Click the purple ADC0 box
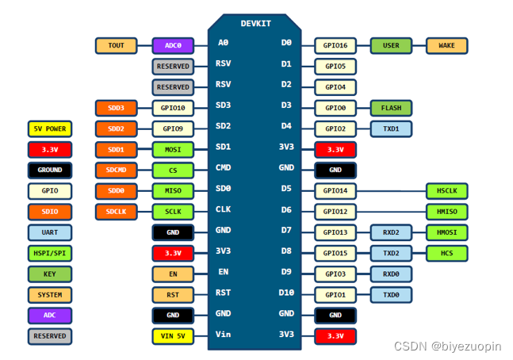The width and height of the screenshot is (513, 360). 173,46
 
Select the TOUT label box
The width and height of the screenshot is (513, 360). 116,46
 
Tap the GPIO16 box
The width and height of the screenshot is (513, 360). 335,46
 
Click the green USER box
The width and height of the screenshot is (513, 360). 391,46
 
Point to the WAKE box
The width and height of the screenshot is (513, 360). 446,46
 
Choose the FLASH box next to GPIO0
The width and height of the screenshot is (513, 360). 391,108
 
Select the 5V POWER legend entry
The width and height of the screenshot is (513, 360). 50,128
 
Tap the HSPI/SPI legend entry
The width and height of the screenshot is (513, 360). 50,254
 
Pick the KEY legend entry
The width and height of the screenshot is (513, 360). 50,274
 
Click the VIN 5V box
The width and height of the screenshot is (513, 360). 173,336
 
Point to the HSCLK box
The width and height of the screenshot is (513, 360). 446,191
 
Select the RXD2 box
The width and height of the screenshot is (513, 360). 391,232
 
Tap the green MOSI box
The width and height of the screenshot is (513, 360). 173,149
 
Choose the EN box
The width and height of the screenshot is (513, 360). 173,274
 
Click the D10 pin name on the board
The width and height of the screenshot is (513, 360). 286,293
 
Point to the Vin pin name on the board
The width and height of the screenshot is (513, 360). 224,335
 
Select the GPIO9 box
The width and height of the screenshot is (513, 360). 173,128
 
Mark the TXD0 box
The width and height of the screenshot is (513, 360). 391,295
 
